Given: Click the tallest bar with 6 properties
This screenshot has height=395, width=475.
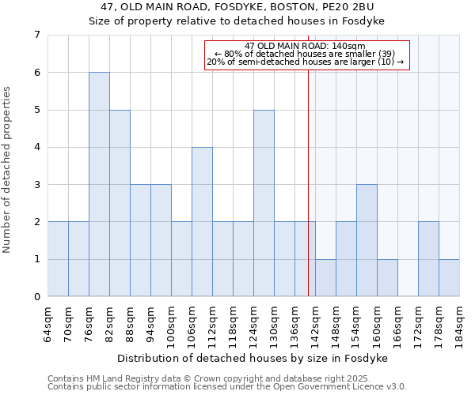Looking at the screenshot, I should coord(99,184).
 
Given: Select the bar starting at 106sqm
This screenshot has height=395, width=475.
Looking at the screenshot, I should coord(202,222).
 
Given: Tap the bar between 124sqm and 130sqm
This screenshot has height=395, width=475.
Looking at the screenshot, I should coord(264,203).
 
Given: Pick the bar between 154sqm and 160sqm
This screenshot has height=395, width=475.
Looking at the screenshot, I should coord(367,240).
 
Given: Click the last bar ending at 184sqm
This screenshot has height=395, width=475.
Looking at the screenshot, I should coord(449,278).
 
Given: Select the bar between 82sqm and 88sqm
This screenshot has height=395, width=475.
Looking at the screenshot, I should coord(120,203).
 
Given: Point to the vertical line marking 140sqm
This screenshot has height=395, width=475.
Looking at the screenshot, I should coord(308,174).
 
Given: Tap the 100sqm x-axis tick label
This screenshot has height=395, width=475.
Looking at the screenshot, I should coord(172,324).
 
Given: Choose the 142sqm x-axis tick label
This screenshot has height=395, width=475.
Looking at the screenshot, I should coord(316,324).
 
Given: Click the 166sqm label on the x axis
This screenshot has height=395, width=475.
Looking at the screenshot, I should coord(398,324).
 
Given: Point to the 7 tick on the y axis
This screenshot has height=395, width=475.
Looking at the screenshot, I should coord(36,35).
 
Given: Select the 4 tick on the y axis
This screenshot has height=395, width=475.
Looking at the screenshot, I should coord(36,148).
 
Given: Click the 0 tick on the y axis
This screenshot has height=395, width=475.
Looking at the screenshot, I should coord(36,297).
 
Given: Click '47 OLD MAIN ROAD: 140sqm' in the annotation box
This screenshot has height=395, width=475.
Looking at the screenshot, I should coord(305,46).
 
